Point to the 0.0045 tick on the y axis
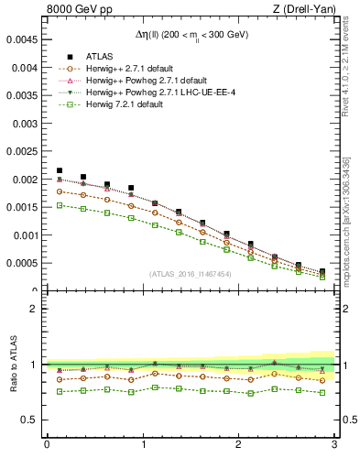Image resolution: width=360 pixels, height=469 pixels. tap(24, 40)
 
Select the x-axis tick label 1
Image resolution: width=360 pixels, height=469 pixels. tap(143, 445)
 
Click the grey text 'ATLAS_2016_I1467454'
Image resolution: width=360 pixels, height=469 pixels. tap(190, 274)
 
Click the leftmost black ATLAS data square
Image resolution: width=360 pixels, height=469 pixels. tap(60, 170)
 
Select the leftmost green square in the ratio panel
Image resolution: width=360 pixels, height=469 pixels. tap(60, 392)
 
